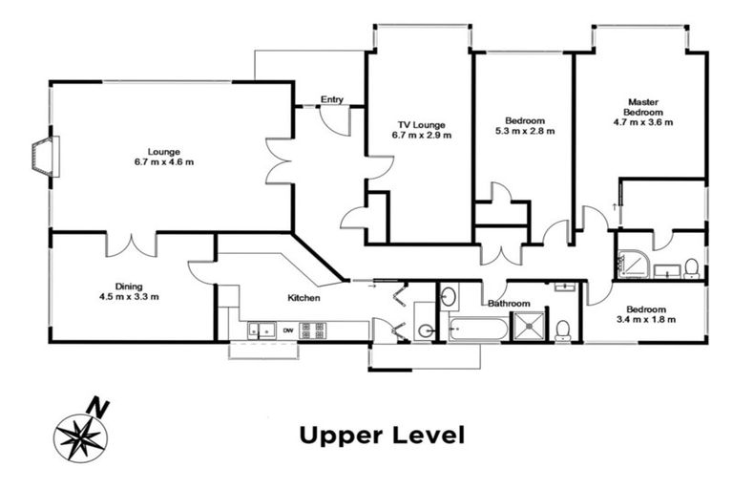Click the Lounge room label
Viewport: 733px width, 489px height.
[163, 152]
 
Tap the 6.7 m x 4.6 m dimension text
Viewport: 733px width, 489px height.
[163, 162]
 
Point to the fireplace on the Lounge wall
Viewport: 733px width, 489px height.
[46, 157]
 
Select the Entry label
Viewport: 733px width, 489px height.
[332, 99]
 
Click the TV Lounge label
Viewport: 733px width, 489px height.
[422, 125]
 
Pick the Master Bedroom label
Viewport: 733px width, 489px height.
[643, 107]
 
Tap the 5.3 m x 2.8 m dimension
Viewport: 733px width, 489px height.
[525, 131]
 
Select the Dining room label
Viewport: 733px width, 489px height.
[129, 287]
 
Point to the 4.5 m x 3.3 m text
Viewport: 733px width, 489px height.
[129, 297]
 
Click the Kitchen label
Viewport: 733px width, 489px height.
[304, 298]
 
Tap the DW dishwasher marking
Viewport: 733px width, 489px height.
[288, 330]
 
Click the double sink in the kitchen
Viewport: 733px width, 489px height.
[262, 330]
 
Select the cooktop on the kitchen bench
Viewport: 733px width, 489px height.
[312, 330]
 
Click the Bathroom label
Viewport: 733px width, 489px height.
[509, 304]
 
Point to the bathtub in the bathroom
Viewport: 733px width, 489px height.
[478, 330]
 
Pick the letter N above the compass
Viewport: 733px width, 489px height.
[98, 407]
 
